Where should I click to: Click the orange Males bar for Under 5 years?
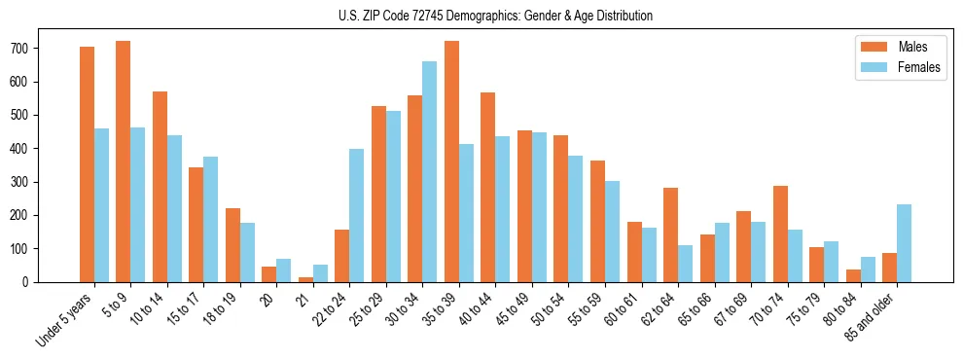87,164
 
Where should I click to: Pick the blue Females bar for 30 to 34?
429,171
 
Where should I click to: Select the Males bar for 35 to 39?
451,162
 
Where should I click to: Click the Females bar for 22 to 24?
356,215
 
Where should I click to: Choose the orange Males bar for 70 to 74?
780,234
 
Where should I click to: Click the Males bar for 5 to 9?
124,162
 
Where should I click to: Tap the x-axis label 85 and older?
869,316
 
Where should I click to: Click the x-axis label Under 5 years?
66,320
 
